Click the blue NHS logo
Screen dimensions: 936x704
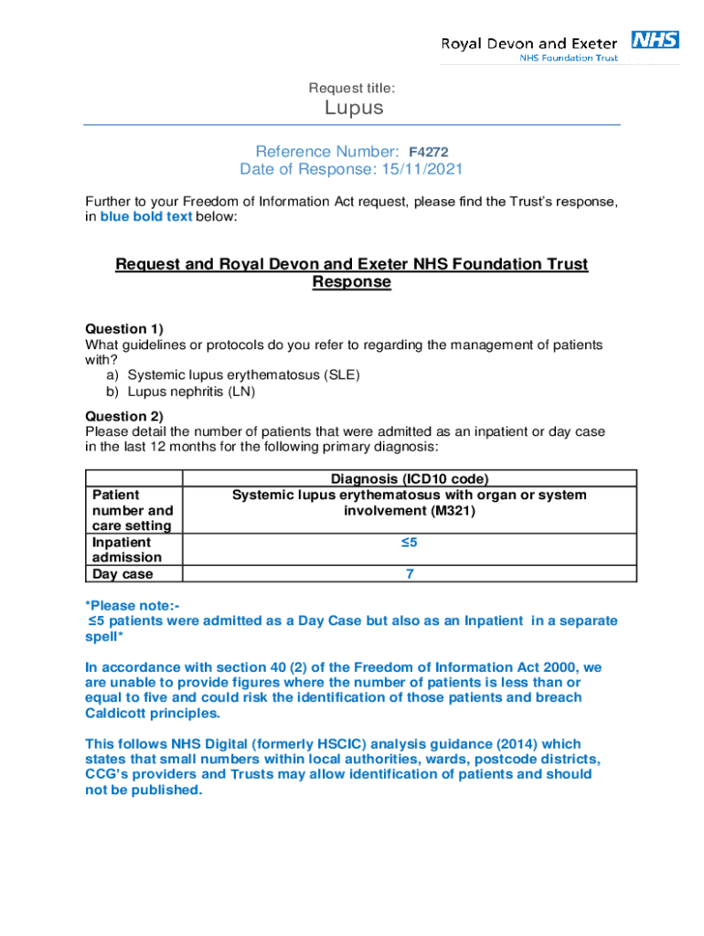[655, 39]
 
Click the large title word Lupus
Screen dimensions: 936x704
[354, 108]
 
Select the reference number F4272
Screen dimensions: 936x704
[428, 152]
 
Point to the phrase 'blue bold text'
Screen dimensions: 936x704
[146, 217]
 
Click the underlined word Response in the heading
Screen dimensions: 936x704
[352, 282]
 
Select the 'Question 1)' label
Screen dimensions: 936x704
[123, 328]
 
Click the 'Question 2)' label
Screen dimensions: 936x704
[124, 416]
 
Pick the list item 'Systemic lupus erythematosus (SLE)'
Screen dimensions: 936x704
[244, 375]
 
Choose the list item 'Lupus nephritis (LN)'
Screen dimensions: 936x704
[191, 391]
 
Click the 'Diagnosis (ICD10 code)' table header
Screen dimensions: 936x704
[410, 479]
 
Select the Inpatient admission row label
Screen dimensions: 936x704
[127, 549]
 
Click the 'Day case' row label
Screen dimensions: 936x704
[123, 574]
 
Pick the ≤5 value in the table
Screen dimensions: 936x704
[410, 543]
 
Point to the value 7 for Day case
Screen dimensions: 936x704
[410, 574]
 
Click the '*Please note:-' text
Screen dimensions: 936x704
[133, 605]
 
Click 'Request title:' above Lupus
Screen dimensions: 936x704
[352, 88]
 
